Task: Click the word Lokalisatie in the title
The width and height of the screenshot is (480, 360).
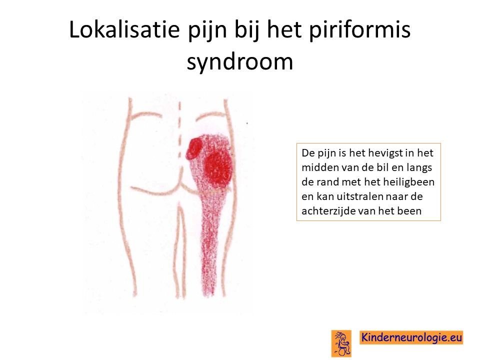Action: tap(124, 29)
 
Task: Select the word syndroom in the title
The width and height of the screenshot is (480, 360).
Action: tap(240, 62)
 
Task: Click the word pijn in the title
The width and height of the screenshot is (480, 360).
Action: tap(206, 30)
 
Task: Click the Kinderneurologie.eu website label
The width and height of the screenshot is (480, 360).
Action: tap(411, 337)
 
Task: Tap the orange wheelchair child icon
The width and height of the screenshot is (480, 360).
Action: tap(341, 343)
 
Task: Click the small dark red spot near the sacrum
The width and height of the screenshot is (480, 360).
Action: tap(194, 148)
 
